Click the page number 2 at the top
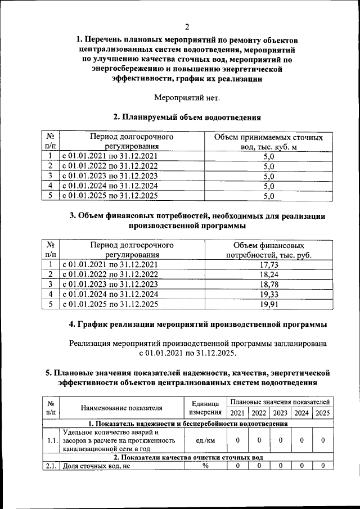point(187,27)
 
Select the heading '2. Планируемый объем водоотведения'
point(187,118)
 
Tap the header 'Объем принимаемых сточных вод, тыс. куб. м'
point(268,142)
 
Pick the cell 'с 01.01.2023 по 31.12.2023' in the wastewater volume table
point(110,175)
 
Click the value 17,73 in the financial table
point(268,265)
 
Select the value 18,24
point(268,274)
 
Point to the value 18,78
point(268,285)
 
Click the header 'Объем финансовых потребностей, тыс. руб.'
point(268,250)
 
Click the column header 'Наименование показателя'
point(121,408)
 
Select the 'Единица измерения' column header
point(205,408)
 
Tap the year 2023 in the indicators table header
point(280,413)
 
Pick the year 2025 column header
point(322,413)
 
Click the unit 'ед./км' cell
point(205,441)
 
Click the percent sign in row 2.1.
point(205,465)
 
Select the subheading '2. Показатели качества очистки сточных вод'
point(187,457)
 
